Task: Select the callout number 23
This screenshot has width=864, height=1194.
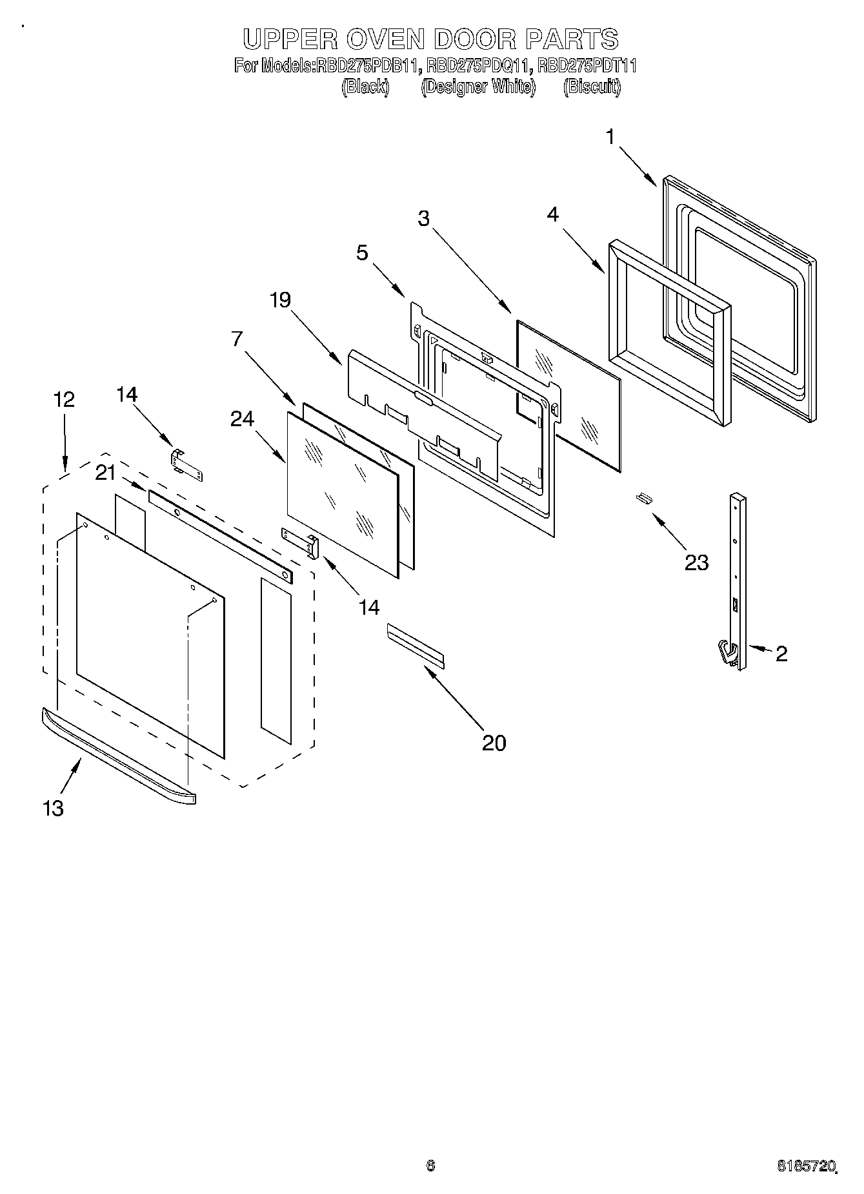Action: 696,562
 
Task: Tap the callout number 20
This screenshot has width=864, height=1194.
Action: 494,743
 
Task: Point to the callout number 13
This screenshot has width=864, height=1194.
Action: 54,807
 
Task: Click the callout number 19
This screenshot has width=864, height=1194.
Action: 280,300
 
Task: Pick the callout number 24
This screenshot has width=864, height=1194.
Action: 242,419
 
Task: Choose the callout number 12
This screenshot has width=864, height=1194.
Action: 64,399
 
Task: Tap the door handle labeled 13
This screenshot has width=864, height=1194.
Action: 116,755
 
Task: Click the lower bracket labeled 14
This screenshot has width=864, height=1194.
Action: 301,540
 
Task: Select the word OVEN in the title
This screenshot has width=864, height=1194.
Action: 383,39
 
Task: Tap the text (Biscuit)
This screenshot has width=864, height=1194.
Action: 591,87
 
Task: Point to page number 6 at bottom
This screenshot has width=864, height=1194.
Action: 430,1165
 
